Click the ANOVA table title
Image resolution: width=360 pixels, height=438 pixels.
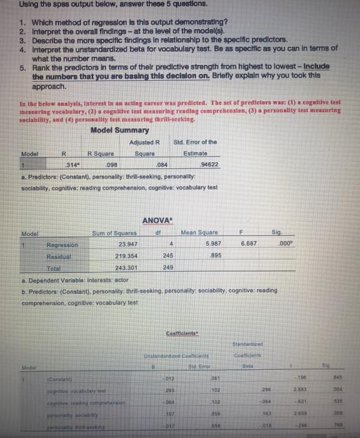(x=157, y=220)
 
